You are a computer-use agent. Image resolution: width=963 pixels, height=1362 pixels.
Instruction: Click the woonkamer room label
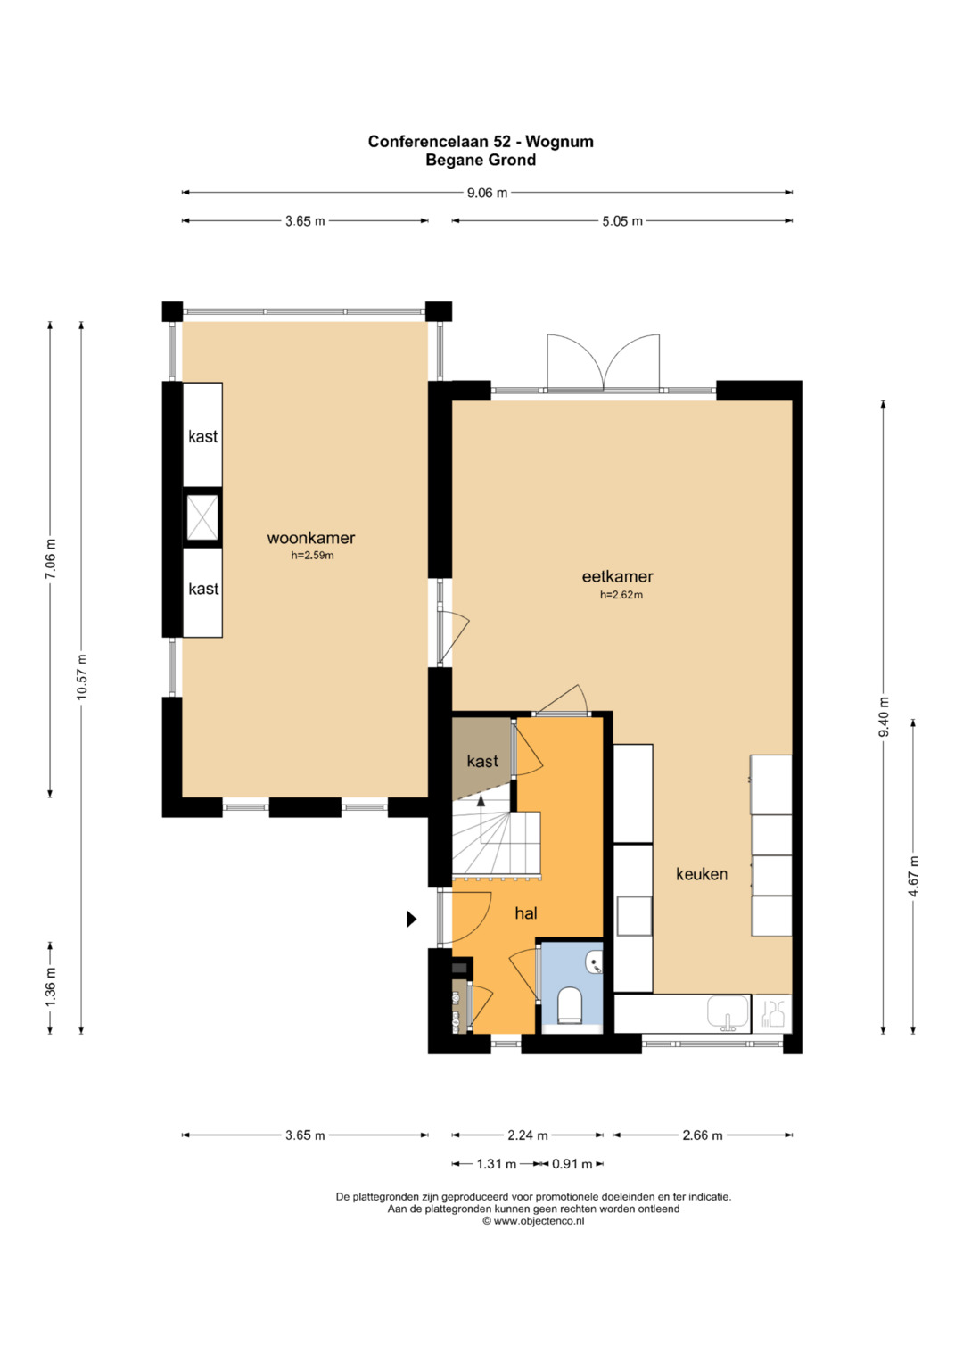point(310,538)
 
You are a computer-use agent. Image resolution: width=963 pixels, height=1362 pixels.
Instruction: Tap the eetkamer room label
point(618,576)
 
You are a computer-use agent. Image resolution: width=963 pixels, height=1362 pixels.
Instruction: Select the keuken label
point(702,874)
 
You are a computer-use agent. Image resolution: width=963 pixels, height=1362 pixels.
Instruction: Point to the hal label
point(526,913)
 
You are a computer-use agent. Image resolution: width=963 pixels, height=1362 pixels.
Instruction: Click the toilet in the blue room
point(570,1006)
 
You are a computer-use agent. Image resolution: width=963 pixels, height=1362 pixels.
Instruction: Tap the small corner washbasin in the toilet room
point(595,963)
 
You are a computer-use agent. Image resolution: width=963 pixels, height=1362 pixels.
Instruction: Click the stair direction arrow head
point(481,801)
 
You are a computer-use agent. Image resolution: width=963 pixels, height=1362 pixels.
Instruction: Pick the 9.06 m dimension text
point(487,194)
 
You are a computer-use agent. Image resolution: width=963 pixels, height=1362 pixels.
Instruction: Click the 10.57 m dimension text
point(82,677)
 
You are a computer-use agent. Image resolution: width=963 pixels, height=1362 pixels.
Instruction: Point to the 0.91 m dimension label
point(572,1164)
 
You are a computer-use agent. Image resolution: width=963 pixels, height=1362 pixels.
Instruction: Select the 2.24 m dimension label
point(528,1135)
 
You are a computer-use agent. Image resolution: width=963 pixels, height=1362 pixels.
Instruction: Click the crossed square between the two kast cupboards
point(202,518)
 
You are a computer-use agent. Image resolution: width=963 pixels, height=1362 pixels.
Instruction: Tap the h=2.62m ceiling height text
point(621,595)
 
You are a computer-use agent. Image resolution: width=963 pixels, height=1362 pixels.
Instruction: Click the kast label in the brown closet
point(482,761)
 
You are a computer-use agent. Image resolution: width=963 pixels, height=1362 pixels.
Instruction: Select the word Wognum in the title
point(559,142)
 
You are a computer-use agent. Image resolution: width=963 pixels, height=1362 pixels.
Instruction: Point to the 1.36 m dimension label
point(51,986)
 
